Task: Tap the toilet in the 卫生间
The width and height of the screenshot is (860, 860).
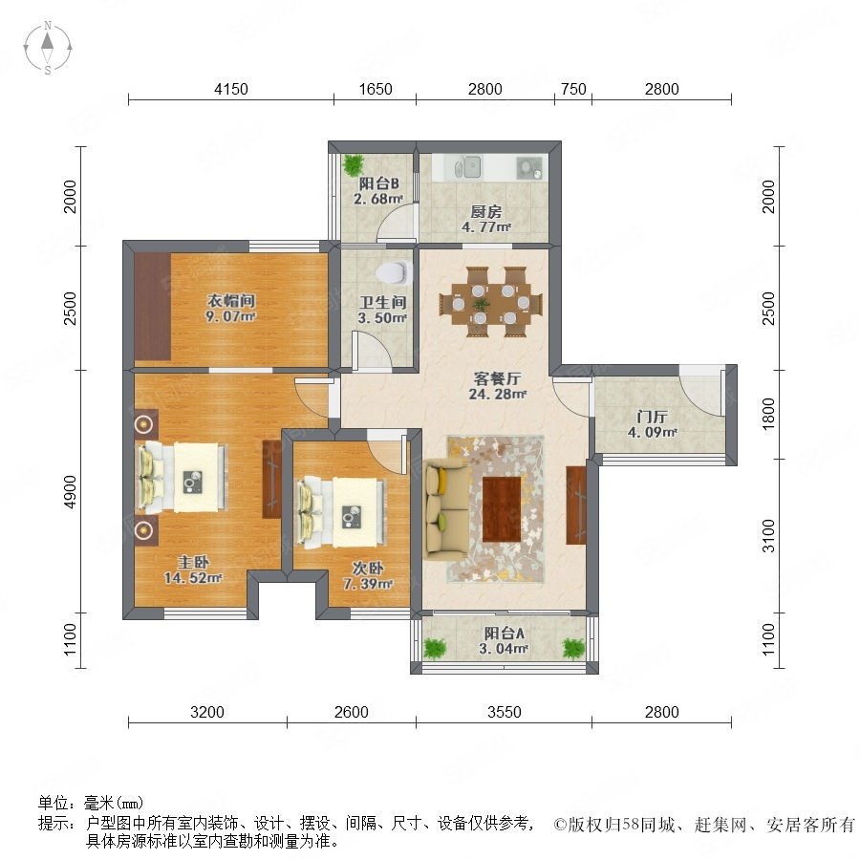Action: [394, 272]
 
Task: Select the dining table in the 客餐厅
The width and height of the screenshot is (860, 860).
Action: [492, 302]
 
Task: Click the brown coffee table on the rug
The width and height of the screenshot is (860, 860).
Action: [502, 509]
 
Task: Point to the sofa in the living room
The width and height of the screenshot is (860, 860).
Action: [446, 509]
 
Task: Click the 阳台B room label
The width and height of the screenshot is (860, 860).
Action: [379, 183]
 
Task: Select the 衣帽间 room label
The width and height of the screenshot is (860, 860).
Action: [231, 301]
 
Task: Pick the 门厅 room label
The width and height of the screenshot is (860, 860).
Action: [652, 417]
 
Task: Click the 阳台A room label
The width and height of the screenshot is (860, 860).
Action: [504, 634]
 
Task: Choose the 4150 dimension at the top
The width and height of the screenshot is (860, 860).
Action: [231, 89]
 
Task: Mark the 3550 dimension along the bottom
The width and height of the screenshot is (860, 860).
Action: [504, 712]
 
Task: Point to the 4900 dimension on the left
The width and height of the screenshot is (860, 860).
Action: [70, 492]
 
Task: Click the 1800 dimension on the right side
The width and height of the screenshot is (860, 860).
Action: [769, 415]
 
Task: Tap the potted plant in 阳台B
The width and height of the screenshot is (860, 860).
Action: [353, 164]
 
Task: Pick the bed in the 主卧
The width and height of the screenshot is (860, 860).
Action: [181, 477]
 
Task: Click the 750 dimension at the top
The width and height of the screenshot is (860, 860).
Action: [573, 89]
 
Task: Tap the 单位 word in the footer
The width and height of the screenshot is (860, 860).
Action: [54, 803]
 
